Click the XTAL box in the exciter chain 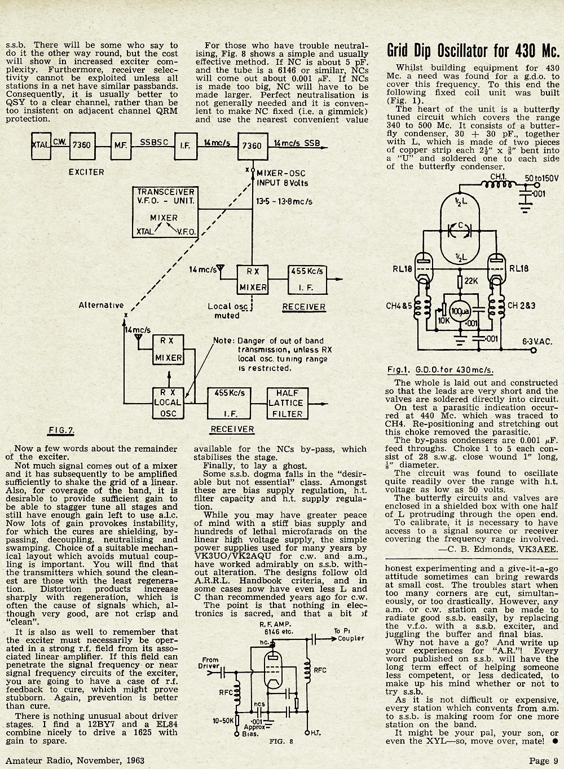(41, 145)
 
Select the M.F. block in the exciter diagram (121, 146)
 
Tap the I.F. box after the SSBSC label (186, 146)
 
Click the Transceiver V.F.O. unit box (165, 212)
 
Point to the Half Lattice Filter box (287, 403)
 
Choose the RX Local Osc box (168, 403)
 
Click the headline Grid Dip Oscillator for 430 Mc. (473, 51)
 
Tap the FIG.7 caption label (61, 431)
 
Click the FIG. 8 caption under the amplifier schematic (281, 751)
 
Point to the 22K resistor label (472, 280)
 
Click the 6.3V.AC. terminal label (537, 342)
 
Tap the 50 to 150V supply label (541, 178)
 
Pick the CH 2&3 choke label (521, 305)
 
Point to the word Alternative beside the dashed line (101, 305)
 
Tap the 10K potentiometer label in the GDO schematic (444, 321)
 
